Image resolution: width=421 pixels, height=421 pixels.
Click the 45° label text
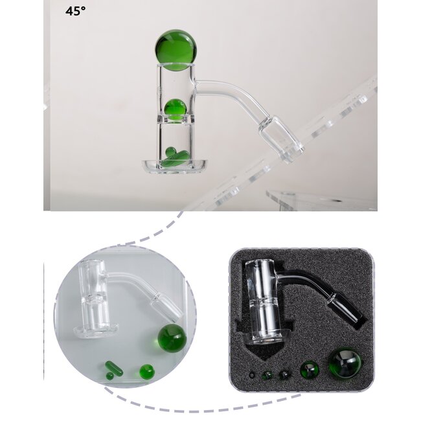[x=76, y=11]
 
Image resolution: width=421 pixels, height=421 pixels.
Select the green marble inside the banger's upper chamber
[x=174, y=108]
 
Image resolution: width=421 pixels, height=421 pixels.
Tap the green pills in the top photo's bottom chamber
[x=176, y=155]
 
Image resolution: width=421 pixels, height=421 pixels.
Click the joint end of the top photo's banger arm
[x=284, y=137]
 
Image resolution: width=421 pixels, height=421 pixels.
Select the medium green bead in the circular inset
[x=147, y=372]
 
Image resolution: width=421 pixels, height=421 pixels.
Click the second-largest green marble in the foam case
[x=308, y=371]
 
